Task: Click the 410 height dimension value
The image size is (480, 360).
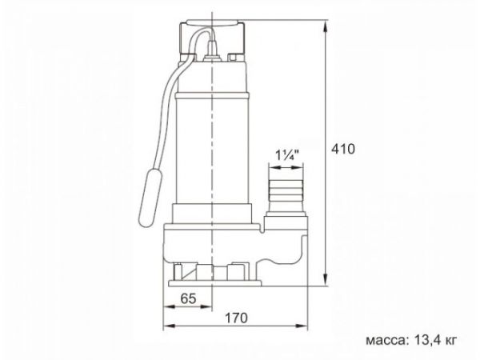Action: (342, 149)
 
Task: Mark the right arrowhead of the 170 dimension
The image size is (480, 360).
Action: (306, 327)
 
